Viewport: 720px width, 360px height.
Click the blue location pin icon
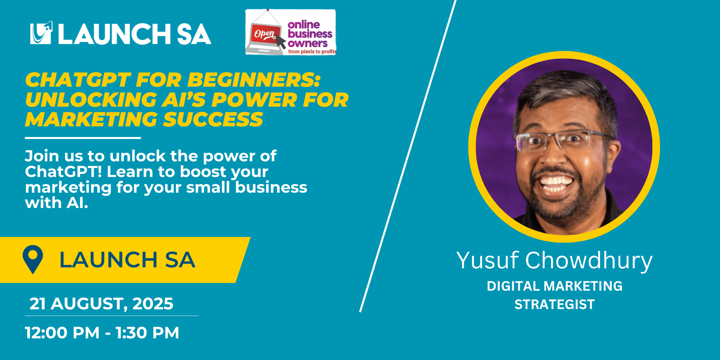[x=33, y=259]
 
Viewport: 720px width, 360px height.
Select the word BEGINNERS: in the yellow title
[x=254, y=80]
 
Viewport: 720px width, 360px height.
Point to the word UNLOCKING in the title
[x=91, y=100]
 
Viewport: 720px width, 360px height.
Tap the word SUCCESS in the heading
[x=213, y=119]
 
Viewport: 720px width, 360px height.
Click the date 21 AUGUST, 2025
[x=101, y=304]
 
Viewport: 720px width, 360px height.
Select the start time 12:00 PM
[x=62, y=333]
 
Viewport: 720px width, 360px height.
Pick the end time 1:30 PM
[x=147, y=333]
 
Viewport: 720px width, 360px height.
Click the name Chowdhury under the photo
[x=589, y=261]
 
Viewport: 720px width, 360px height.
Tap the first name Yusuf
[x=488, y=260]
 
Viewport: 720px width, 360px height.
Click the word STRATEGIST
[x=555, y=304]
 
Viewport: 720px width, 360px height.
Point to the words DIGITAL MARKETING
[x=555, y=286]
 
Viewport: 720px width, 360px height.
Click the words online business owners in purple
[x=309, y=34]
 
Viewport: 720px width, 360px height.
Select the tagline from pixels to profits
[x=312, y=51]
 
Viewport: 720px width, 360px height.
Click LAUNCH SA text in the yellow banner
[x=127, y=260]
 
